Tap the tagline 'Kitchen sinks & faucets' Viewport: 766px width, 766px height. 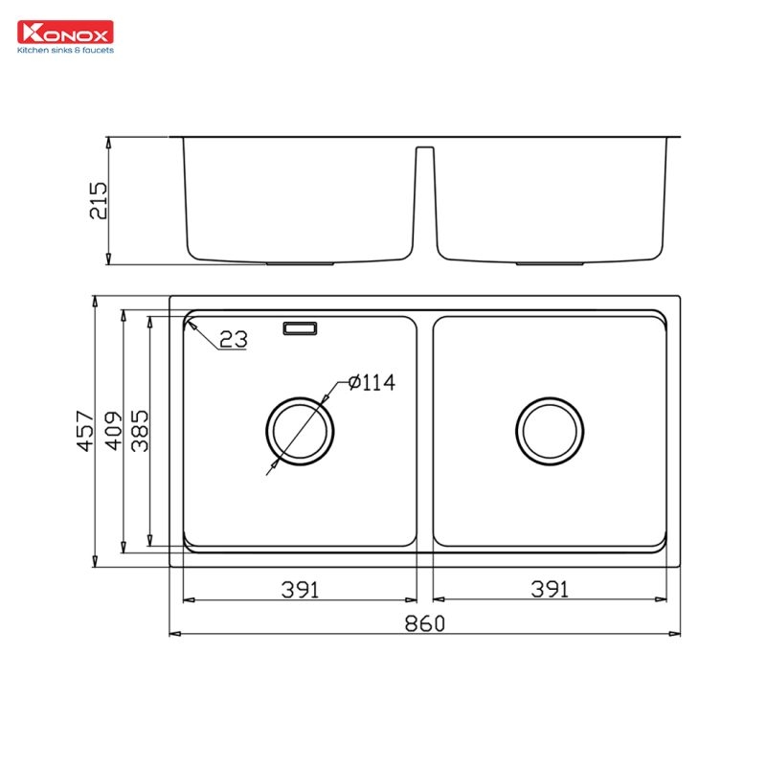[x=65, y=50]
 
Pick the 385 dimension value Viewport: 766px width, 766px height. [x=139, y=431]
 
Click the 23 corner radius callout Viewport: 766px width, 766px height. [x=233, y=339]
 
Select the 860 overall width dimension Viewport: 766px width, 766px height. [x=424, y=624]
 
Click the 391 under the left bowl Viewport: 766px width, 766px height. [x=300, y=590]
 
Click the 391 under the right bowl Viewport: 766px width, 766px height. [x=550, y=590]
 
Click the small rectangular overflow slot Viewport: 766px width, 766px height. [x=300, y=328]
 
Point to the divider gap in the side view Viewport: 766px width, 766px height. [x=425, y=201]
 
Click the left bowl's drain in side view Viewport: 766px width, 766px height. [x=300, y=262]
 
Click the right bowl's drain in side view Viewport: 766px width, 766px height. [x=550, y=262]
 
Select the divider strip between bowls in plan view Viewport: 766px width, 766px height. [x=425, y=431]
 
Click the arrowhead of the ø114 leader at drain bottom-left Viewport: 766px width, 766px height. [x=271, y=469]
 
